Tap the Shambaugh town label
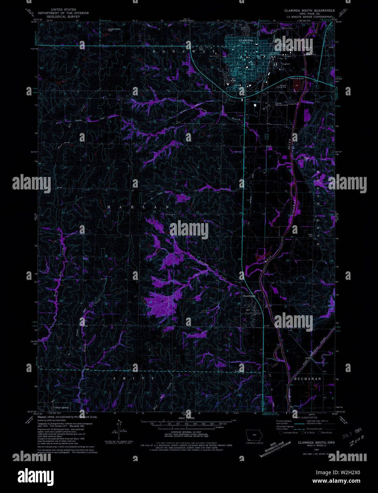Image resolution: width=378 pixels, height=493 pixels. click(249, 296)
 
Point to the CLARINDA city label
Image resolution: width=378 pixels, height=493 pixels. click(246, 41)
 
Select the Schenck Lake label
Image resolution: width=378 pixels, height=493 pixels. click(297, 78)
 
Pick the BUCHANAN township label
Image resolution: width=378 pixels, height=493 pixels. click(307, 379)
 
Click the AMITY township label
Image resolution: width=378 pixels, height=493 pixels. click(134, 378)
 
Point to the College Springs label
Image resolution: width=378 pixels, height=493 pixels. click(61, 408)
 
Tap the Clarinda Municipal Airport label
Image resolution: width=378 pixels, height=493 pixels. click(282, 104)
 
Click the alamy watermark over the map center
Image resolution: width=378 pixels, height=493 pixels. click(189, 230)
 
